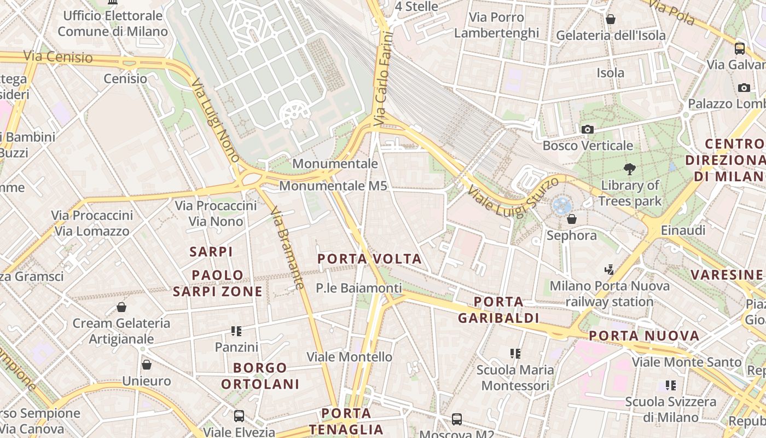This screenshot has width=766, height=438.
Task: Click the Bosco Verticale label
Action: click(x=588, y=146)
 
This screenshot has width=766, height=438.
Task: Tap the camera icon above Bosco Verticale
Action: click(x=588, y=129)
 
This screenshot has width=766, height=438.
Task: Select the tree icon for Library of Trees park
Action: click(x=629, y=169)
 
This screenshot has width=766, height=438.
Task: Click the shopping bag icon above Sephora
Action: click(x=572, y=219)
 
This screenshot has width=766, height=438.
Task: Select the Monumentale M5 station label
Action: click(x=333, y=186)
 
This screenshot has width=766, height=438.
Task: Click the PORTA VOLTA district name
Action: click(x=370, y=259)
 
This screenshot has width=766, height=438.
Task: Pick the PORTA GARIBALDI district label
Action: click(x=498, y=310)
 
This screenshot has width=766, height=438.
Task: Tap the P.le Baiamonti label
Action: click(x=359, y=288)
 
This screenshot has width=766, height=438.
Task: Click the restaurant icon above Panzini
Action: click(x=236, y=331)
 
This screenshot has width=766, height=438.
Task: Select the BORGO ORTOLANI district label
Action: click(x=260, y=376)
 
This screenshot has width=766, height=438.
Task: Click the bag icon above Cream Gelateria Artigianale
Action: click(x=121, y=307)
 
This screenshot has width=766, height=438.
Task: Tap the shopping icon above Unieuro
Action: click(x=147, y=365)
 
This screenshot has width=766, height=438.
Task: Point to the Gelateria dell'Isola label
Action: click(x=611, y=36)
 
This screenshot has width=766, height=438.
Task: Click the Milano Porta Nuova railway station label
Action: click(x=610, y=293)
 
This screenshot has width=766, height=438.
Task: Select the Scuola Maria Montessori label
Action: click(x=515, y=378)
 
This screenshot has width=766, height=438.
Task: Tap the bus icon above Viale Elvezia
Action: click(x=239, y=416)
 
